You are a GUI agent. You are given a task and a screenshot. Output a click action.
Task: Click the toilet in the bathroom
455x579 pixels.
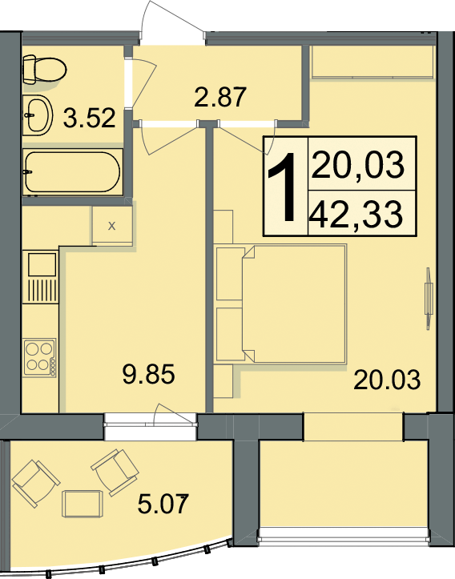coord(43,69)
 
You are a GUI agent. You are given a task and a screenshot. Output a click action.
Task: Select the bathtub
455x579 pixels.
coord(72,171)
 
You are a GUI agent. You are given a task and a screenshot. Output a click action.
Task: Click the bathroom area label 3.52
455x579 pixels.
coord(89,119)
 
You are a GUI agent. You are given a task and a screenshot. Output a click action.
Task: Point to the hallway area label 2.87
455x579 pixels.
coord(219,97)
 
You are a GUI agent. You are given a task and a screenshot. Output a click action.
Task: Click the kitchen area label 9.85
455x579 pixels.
coord(148,374)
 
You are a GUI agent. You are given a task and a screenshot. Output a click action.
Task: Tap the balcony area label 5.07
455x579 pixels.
coord(163,504)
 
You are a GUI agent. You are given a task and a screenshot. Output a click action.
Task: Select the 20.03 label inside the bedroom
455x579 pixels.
coord(387,380)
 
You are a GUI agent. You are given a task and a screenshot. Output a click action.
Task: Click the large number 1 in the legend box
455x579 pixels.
coord(283,187)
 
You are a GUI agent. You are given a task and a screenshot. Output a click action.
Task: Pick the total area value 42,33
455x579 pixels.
coord(356,215)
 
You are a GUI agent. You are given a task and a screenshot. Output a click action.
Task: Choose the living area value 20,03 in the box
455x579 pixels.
coord(358,165)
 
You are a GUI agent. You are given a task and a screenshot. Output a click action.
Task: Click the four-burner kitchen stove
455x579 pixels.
coord(40,357)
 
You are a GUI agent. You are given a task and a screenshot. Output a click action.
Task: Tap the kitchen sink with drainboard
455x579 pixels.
coord(41,277)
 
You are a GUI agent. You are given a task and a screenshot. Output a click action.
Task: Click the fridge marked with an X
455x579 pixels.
coord(112,226)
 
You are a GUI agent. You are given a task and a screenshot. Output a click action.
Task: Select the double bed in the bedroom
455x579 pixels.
coord(294,304)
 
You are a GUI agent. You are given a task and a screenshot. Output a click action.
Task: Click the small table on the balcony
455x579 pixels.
coord(81,504)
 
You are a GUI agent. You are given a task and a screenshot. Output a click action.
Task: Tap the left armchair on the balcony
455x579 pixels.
coord(36,483)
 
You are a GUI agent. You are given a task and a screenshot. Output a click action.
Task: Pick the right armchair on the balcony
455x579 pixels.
coord(115,472)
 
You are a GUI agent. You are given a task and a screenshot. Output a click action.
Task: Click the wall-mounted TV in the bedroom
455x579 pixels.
coord(429,299)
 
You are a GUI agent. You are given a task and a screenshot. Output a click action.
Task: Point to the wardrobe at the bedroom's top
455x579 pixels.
coord(372,62)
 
